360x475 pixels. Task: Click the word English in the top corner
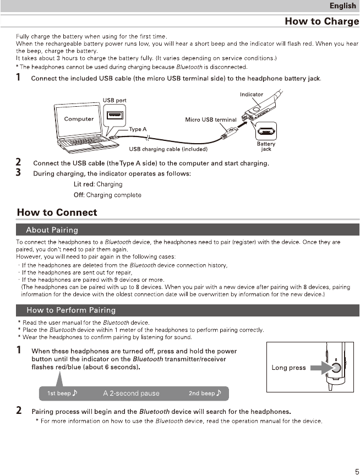click(342, 6)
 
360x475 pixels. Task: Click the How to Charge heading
click(321, 21)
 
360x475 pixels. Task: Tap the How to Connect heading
click(57, 212)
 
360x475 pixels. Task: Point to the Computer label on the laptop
click(79, 119)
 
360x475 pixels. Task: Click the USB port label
click(114, 100)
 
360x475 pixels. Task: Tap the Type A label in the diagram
click(138, 129)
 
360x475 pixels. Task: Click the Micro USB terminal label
click(210, 119)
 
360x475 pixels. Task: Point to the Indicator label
click(251, 95)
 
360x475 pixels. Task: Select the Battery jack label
click(266, 146)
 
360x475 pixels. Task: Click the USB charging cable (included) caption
click(168, 149)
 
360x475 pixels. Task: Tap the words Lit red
click(84, 184)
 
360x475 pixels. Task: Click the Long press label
click(288, 368)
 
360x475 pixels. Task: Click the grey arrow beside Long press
click(318, 368)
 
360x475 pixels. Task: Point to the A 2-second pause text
click(131, 394)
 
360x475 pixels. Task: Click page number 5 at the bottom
click(356, 470)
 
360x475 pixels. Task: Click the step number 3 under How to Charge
click(19, 173)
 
